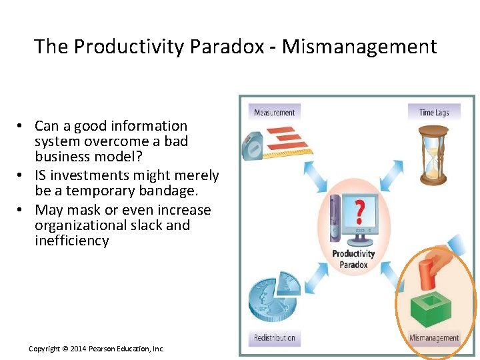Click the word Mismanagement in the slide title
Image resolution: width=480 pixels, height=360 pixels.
pos(359,47)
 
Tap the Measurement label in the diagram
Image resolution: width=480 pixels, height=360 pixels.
pos(274,112)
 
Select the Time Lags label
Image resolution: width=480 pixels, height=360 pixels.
pos(433,112)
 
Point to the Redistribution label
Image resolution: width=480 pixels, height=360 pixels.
pos(274,338)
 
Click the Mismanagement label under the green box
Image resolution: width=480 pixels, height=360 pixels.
pos(434,338)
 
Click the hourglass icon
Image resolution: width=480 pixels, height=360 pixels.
pos(433,155)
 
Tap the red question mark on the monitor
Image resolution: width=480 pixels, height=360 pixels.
pos(359,211)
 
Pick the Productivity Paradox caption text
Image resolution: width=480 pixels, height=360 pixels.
pos(353,259)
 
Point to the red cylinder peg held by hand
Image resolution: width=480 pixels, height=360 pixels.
pos(427,274)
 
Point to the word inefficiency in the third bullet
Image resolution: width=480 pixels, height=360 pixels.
pos(71,241)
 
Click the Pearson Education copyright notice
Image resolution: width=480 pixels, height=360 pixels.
pos(96,349)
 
